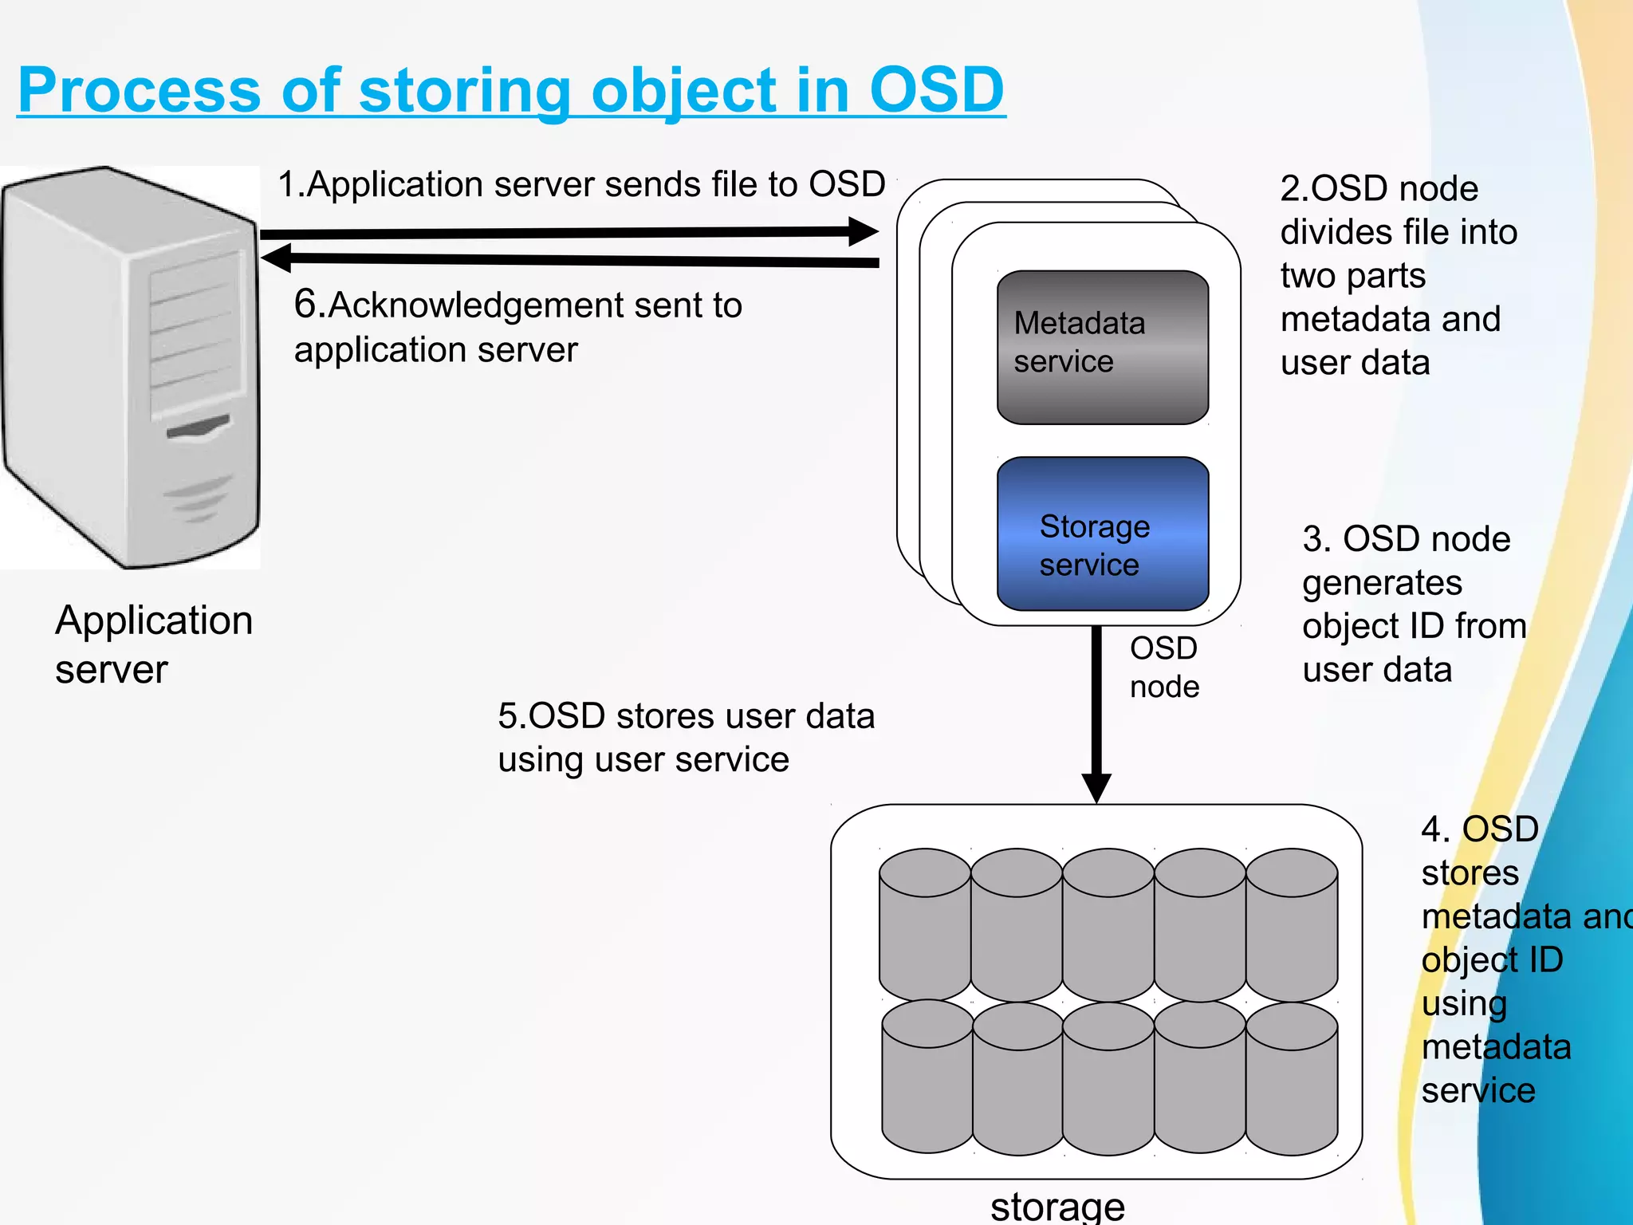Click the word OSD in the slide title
click(936, 89)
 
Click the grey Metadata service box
click(1103, 348)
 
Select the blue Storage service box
click(1103, 534)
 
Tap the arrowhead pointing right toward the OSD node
click(863, 231)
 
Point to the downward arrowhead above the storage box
click(1096, 788)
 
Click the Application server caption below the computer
click(153, 644)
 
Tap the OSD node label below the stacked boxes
click(1163, 667)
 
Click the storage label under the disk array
click(1057, 1206)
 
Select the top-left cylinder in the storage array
click(925, 925)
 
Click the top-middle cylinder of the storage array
click(1108, 925)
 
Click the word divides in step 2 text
click(1324, 232)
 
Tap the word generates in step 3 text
click(1382, 583)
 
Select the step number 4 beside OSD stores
click(1433, 829)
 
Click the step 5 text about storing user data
click(686, 738)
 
